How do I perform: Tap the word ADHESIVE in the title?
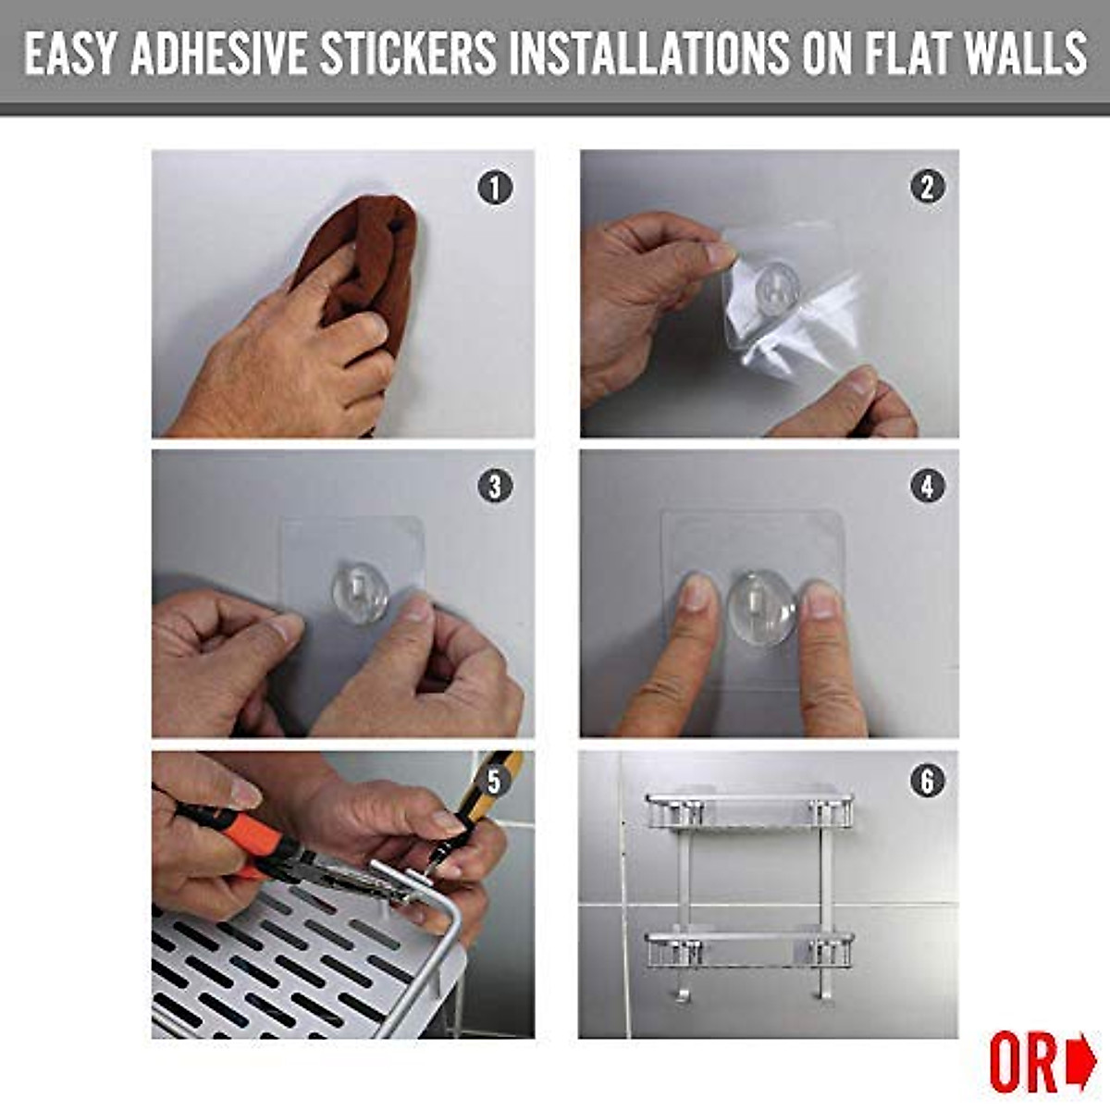tap(218, 53)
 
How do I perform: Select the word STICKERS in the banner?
tap(408, 53)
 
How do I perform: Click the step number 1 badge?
tap(495, 188)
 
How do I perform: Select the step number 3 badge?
tap(495, 486)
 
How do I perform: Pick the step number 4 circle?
tap(928, 486)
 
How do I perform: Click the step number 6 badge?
tap(928, 782)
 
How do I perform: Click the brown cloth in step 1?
tap(365, 259)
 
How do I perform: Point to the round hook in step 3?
tap(360, 595)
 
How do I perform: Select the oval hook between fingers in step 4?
tap(760, 607)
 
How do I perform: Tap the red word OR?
tap(1023, 1065)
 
